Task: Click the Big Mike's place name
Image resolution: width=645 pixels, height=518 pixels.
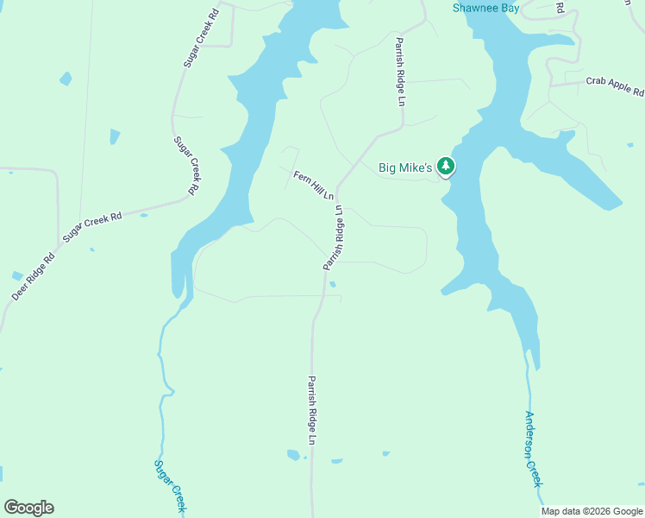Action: pyautogui.click(x=405, y=167)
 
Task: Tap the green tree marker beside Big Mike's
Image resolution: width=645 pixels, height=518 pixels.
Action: pyautogui.click(x=446, y=165)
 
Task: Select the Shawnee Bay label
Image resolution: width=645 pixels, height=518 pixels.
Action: pyautogui.click(x=486, y=8)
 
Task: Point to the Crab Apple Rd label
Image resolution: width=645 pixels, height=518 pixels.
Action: pyautogui.click(x=616, y=85)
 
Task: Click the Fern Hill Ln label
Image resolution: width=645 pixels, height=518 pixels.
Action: pyautogui.click(x=313, y=186)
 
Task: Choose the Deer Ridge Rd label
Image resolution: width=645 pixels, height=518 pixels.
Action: pyautogui.click(x=33, y=276)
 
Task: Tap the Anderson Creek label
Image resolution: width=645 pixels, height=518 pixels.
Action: pyautogui.click(x=533, y=448)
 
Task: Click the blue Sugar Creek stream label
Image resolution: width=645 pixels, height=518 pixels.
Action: pyautogui.click(x=170, y=485)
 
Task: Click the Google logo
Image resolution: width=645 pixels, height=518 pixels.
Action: pyautogui.click(x=28, y=508)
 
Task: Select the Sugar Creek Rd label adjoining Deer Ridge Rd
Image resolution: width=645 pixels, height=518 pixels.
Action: pyautogui.click(x=92, y=226)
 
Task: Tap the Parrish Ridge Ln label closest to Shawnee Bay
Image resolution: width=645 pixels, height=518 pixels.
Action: pyautogui.click(x=400, y=71)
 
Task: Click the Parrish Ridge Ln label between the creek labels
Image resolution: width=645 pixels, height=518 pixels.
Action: pyautogui.click(x=312, y=410)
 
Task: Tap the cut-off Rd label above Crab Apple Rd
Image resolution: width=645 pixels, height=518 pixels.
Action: pyautogui.click(x=560, y=7)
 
